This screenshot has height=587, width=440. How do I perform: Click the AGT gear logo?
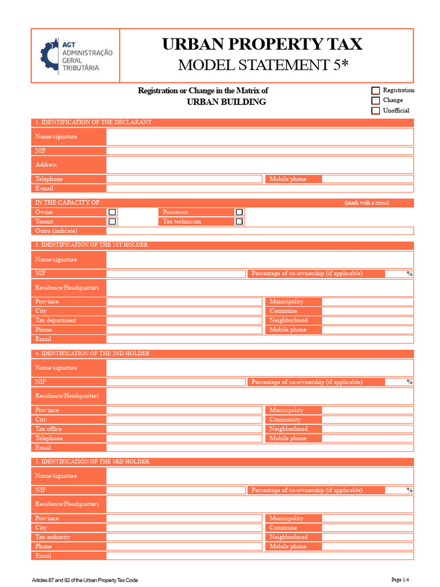point(49,56)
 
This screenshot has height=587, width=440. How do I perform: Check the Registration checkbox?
point(375,91)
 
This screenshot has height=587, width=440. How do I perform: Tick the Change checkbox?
point(375,100)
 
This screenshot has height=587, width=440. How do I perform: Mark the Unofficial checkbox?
point(375,111)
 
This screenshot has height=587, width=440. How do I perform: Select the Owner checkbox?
point(112,212)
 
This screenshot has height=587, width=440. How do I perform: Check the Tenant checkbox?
point(112,221)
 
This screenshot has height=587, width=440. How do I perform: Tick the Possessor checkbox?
point(239,212)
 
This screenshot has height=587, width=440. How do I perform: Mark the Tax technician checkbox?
point(239,221)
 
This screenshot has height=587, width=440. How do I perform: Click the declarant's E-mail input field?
point(260,189)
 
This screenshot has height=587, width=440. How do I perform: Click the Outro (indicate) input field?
point(260,231)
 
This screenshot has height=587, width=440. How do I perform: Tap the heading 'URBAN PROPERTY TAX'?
point(262,44)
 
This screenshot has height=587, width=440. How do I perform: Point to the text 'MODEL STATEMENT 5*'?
point(262,65)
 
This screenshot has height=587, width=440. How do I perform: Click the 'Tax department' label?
point(56,320)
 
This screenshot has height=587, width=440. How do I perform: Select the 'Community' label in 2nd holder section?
point(285,420)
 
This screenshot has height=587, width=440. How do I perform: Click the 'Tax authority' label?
point(53,537)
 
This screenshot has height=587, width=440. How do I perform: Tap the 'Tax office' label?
point(49,429)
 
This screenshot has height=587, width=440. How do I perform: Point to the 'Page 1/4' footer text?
point(400,580)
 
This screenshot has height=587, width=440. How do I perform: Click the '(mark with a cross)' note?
point(366,203)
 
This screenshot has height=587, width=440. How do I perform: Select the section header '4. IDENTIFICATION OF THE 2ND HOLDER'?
point(92,354)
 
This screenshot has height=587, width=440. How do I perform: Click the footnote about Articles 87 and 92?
point(85,580)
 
